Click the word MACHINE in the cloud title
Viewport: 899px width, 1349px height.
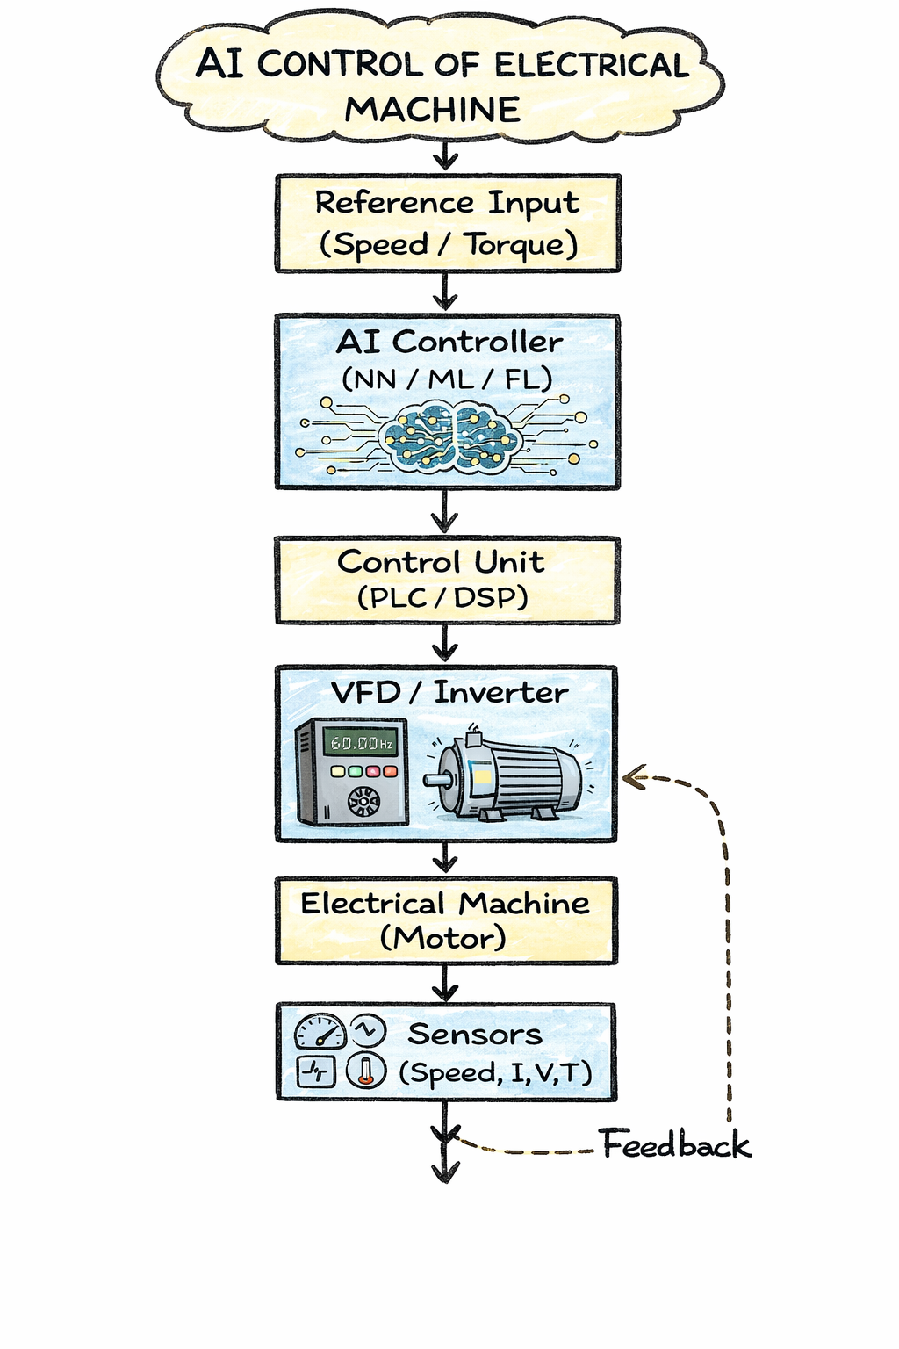(x=432, y=110)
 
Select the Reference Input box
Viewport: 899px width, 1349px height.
(x=448, y=223)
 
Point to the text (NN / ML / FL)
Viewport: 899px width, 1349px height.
(x=447, y=379)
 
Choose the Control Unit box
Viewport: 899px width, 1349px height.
(x=447, y=580)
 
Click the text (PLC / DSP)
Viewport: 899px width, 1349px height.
(x=442, y=598)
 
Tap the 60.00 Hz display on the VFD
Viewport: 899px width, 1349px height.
(x=360, y=743)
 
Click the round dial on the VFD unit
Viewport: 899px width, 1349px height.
(x=363, y=800)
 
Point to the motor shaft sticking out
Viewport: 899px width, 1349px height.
(x=435, y=779)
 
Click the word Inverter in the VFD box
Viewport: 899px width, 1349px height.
(x=500, y=692)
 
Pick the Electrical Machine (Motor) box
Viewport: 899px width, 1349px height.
(x=446, y=920)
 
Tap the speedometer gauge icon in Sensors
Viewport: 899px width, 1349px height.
(x=320, y=1032)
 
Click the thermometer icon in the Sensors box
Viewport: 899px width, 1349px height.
(x=366, y=1071)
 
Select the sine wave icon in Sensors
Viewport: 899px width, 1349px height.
(x=368, y=1029)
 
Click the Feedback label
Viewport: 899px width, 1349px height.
(x=675, y=1145)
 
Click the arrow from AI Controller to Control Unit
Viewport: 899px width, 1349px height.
(x=445, y=512)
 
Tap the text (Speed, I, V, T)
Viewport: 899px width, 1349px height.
(x=495, y=1072)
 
